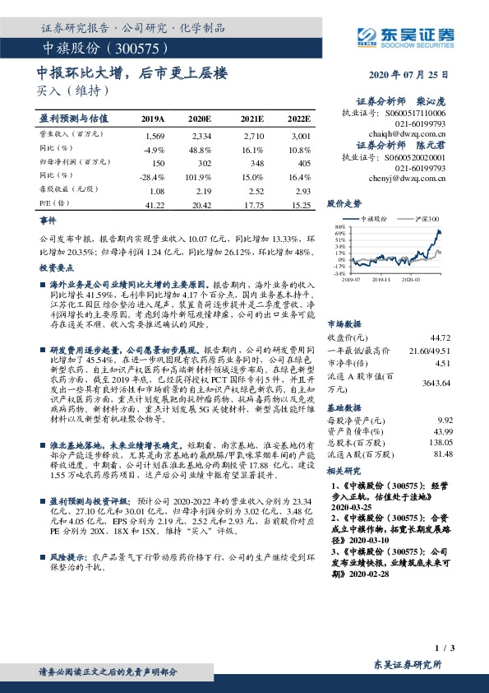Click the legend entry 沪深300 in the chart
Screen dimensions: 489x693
(x=427, y=219)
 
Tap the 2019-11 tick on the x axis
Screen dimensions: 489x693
(x=382, y=280)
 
